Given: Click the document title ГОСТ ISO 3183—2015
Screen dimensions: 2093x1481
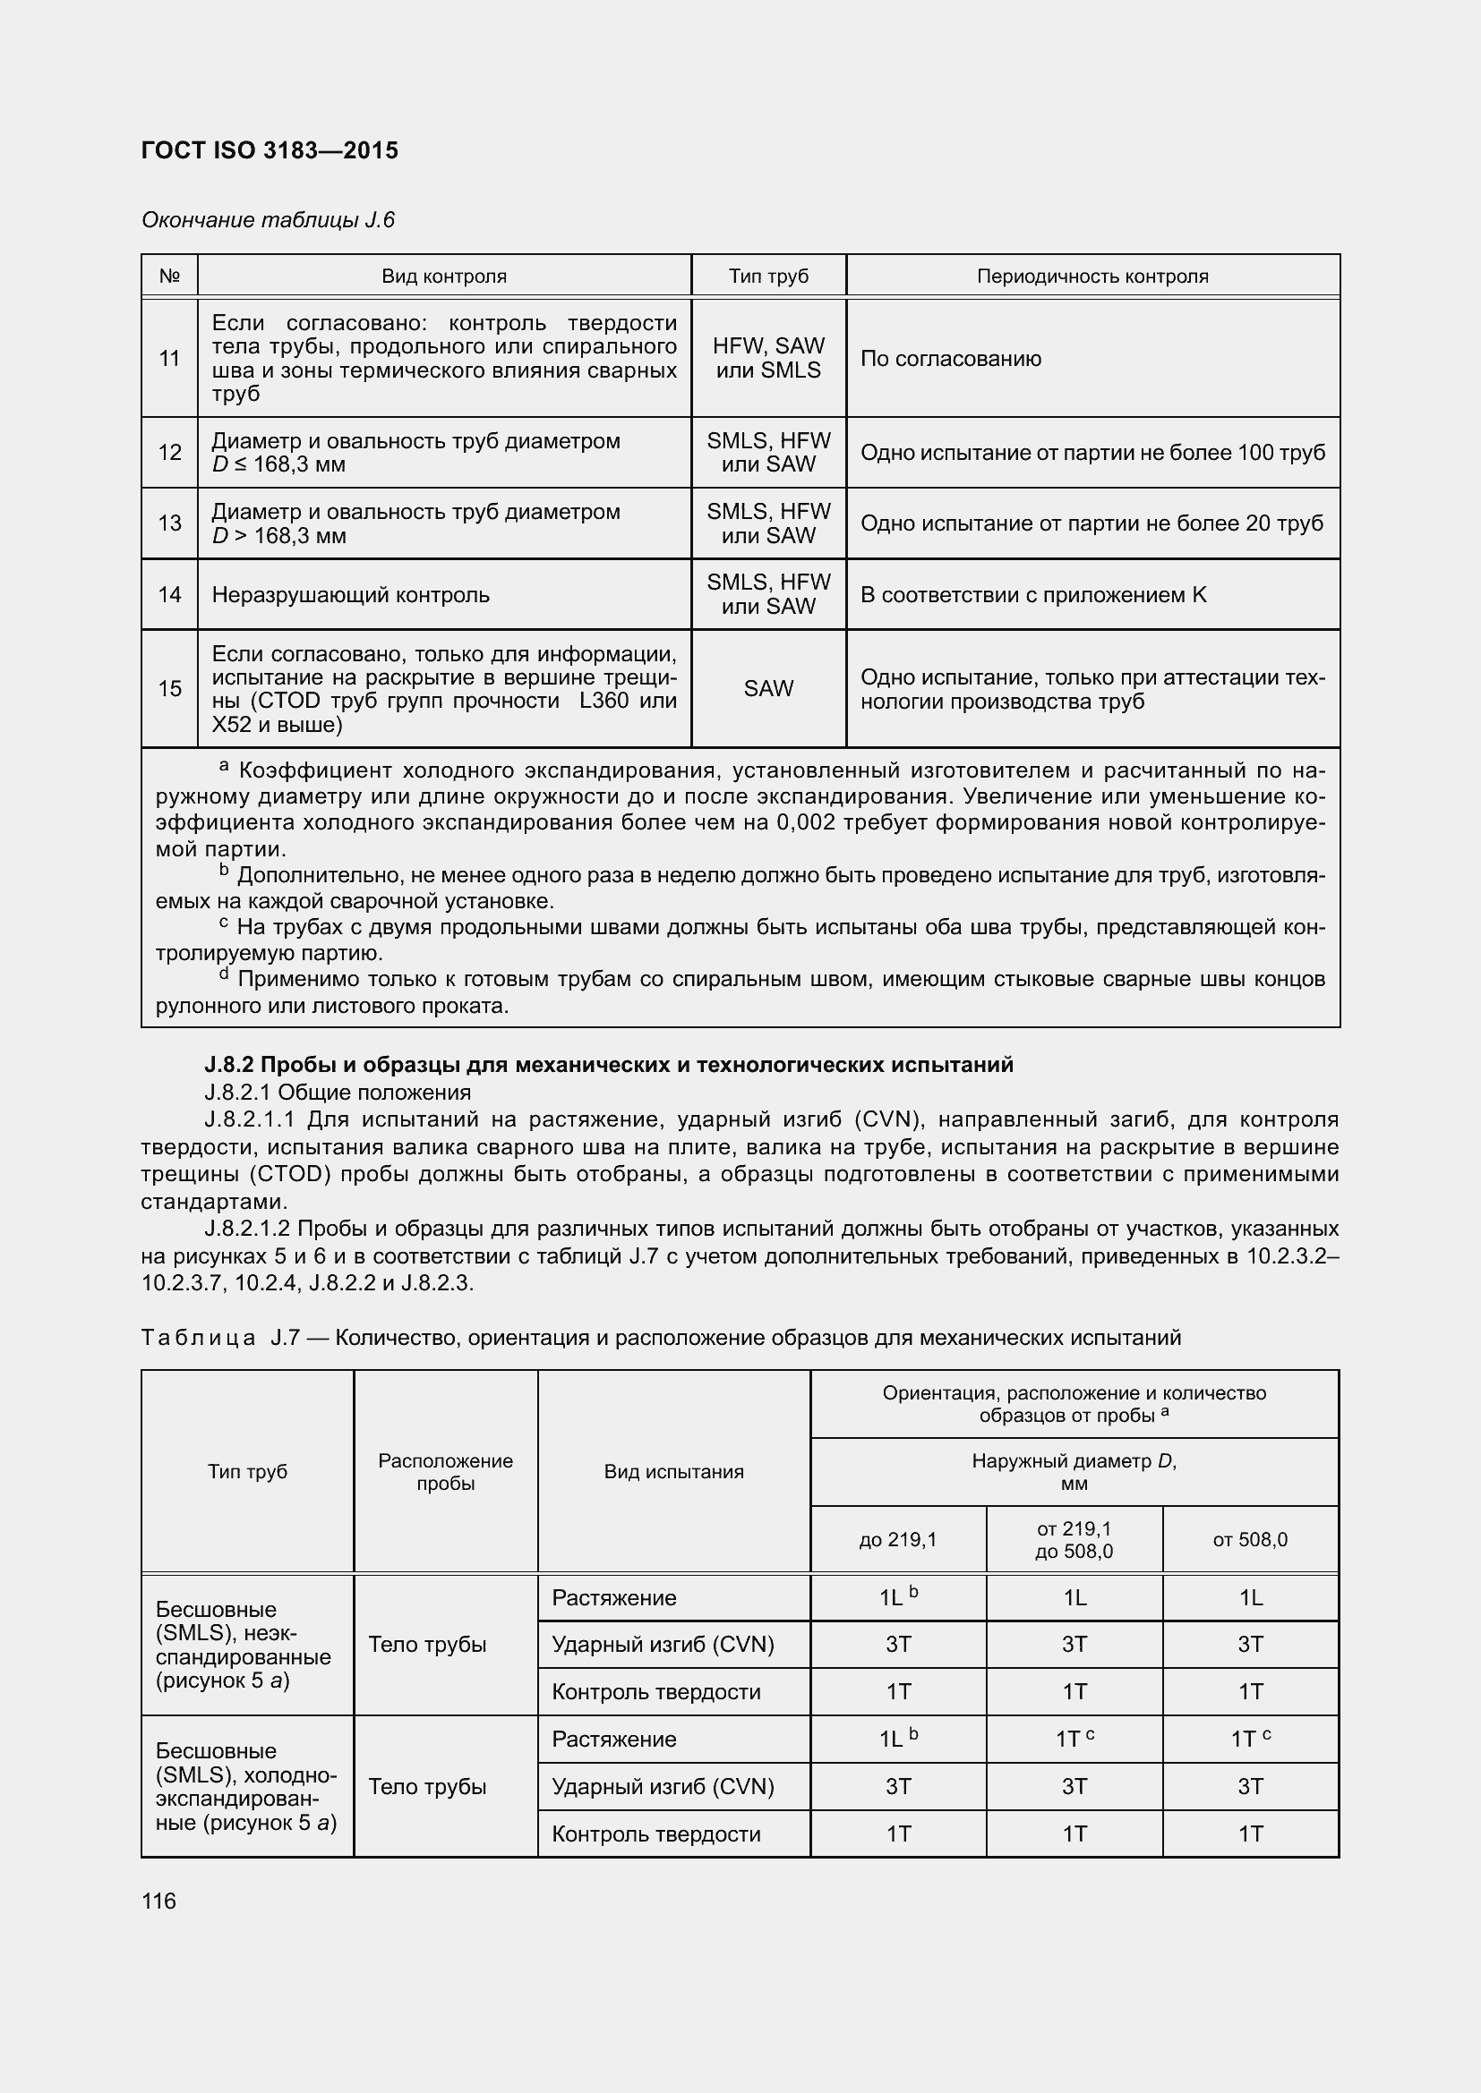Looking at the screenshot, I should click(x=270, y=150).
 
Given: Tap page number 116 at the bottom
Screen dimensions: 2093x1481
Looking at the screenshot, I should click(x=158, y=1901).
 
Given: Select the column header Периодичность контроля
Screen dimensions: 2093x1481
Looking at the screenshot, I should click(x=1091, y=277).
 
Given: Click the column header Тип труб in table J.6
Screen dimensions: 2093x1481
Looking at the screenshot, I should click(x=768, y=277).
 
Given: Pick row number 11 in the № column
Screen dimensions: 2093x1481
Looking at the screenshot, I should click(x=169, y=358).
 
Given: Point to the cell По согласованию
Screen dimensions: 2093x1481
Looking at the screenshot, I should click(x=950, y=358).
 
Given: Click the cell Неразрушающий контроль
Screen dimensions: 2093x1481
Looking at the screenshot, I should click(x=350, y=595).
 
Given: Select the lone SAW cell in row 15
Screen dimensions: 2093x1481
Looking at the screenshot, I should click(x=768, y=688).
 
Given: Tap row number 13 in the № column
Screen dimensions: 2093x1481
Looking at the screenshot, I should click(x=169, y=523).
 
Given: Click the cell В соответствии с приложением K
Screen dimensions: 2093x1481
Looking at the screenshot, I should click(x=1032, y=595).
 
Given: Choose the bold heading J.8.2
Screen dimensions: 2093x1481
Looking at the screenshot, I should click(x=608, y=1065).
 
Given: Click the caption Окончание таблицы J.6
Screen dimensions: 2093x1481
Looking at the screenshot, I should click(x=268, y=220).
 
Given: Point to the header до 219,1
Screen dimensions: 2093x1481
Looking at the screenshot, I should click(x=897, y=1540).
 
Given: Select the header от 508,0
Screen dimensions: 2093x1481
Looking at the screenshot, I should click(x=1249, y=1540).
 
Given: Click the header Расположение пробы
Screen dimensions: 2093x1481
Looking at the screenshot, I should click(x=445, y=1471).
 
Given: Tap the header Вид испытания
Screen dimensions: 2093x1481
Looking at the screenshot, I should click(x=673, y=1471).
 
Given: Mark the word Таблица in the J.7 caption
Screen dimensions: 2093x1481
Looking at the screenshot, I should click(x=198, y=1337).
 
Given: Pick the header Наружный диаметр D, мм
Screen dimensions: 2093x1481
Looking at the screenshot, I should click(x=1074, y=1471).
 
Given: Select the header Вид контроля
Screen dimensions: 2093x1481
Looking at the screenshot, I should click(x=443, y=277).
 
